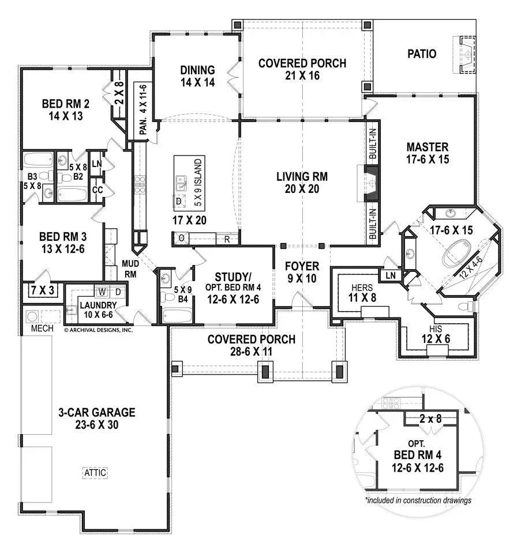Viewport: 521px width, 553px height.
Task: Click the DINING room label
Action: pyautogui.click(x=197, y=70)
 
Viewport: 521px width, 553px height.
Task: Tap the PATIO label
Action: pyautogui.click(x=422, y=54)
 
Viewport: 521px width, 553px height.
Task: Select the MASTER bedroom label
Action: pyautogui.click(x=427, y=147)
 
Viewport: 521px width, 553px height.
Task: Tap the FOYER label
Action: pyautogui.click(x=302, y=266)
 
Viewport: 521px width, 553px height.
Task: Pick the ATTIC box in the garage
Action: pyautogui.click(x=96, y=472)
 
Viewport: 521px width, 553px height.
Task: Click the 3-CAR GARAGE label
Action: pyautogui.click(x=97, y=412)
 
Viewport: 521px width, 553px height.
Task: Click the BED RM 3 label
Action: pyautogui.click(x=63, y=236)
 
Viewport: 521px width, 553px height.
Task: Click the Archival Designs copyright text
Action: pyautogui.click(x=98, y=330)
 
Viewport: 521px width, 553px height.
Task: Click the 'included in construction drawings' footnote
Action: pyautogui.click(x=418, y=500)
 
